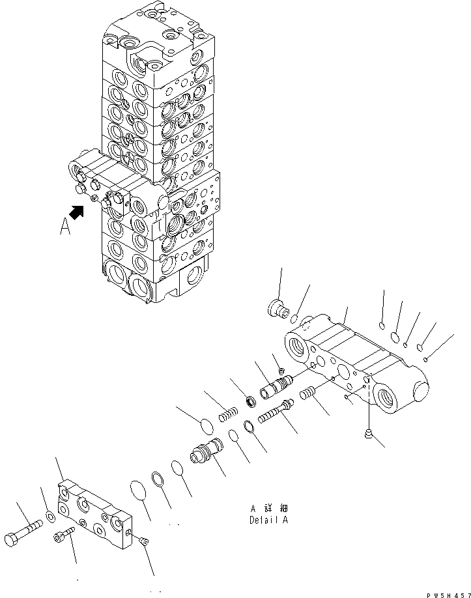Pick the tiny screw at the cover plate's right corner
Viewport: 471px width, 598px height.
coord(143,539)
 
